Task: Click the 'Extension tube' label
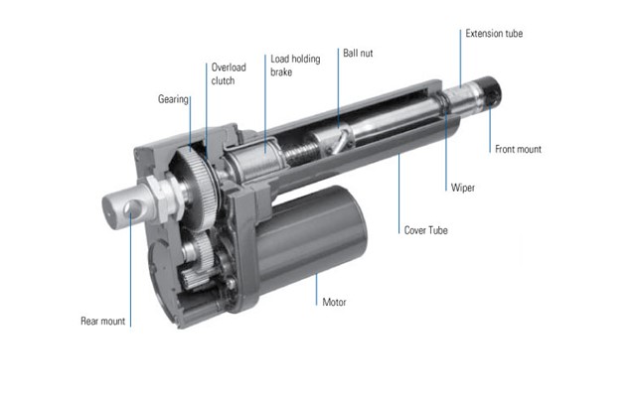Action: coord(494,33)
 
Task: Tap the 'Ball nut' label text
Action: coord(358,53)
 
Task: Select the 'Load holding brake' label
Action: coord(295,66)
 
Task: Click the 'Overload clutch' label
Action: coord(229,73)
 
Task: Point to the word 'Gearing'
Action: coord(173,99)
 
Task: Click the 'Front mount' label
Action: coord(518,149)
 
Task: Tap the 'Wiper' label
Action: coord(463,188)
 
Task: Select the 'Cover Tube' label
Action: coord(426,230)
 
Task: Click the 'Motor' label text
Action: coord(334,302)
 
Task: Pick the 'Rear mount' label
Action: coord(103,321)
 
